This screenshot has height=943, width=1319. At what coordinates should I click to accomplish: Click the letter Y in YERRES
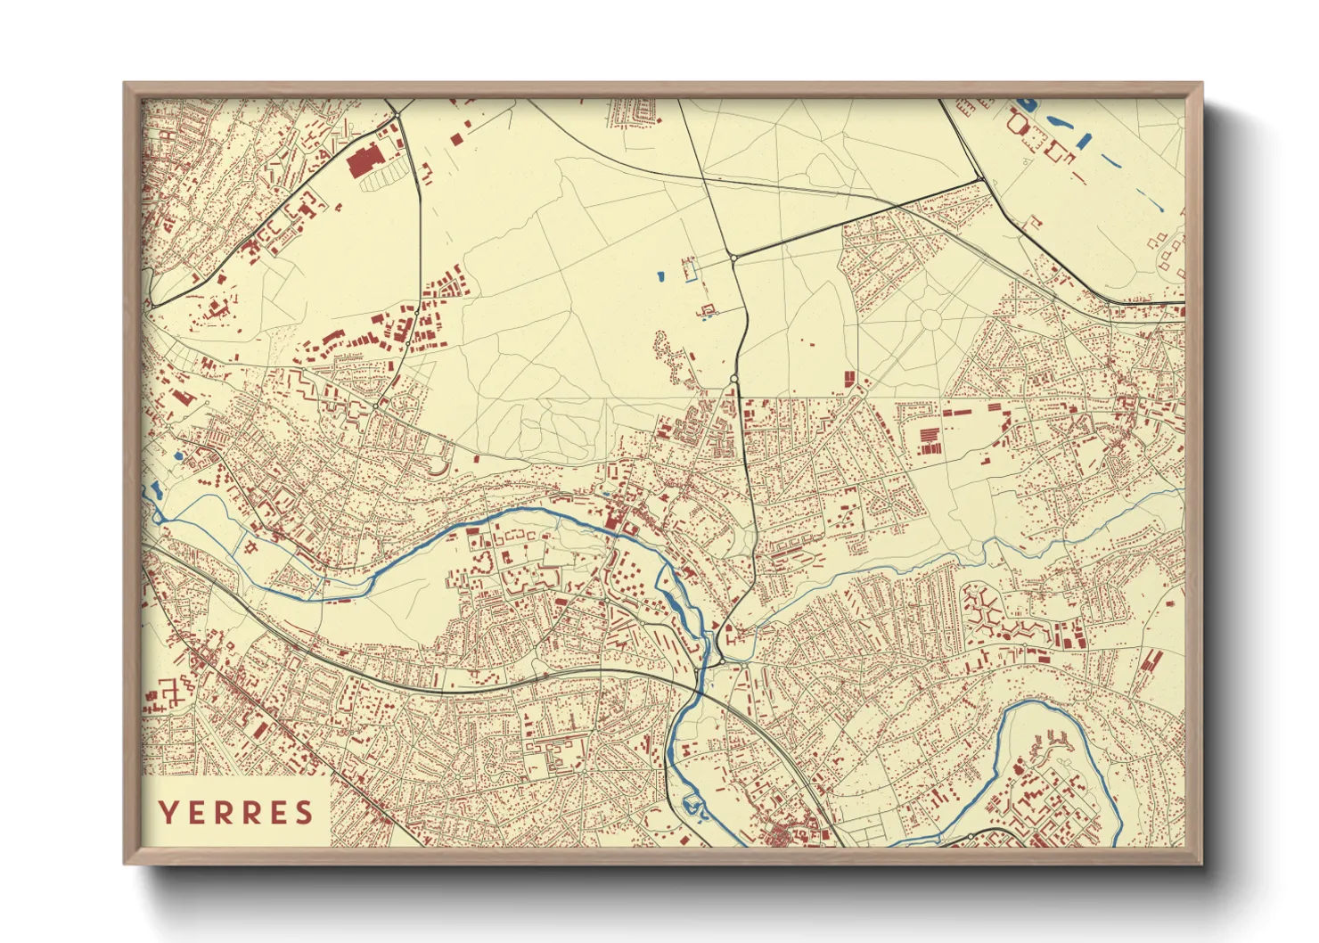167,813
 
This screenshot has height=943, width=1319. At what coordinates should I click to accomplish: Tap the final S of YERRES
305,813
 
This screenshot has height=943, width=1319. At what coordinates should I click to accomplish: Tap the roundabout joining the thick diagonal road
733,257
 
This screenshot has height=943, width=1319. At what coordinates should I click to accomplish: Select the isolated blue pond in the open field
660,276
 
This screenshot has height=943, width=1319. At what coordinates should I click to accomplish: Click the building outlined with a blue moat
709,310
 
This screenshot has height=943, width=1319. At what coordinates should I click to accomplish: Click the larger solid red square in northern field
457,138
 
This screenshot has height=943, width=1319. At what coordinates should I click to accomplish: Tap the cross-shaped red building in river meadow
252,546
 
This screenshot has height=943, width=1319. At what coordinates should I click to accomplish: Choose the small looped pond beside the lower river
692,808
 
